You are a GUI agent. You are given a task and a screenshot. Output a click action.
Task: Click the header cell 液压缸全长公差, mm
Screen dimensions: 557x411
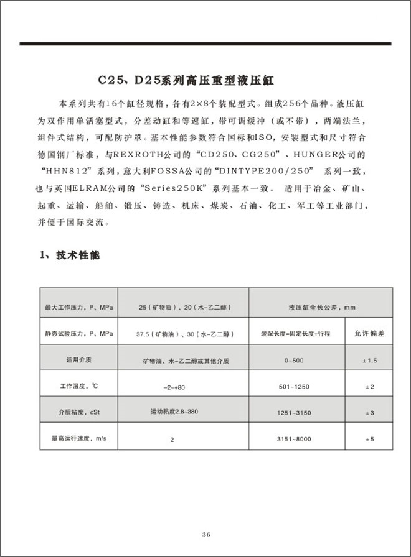coord(321,307)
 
